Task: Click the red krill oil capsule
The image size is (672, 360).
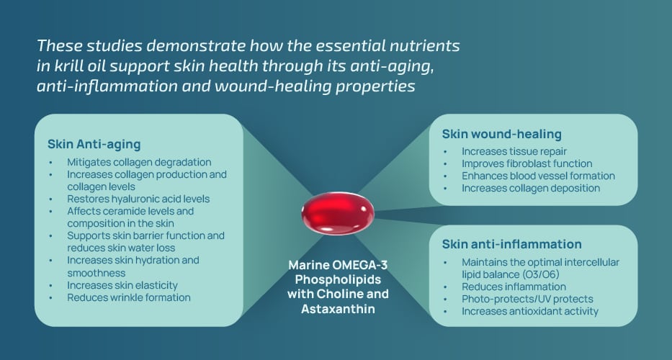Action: click(x=337, y=213)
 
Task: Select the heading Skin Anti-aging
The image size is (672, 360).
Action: click(x=94, y=145)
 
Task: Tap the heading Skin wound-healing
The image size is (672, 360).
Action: click(x=502, y=134)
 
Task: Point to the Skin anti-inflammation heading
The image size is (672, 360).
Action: click(x=511, y=244)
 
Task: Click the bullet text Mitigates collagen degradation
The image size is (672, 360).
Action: click(x=139, y=163)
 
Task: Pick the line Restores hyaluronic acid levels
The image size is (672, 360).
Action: click(x=138, y=199)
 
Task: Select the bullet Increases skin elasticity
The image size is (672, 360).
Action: click(x=122, y=285)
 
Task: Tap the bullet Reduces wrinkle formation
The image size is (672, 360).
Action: click(x=129, y=298)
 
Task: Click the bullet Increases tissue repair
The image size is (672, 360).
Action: click(x=514, y=152)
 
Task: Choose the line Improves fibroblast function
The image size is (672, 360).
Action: click(x=527, y=163)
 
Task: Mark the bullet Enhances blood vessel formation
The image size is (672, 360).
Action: click(x=538, y=176)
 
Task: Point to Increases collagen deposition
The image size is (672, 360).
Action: click(x=531, y=188)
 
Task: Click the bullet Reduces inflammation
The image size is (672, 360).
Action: click(x=514, y=287)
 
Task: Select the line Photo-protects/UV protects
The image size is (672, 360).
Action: click(x=527, y=299)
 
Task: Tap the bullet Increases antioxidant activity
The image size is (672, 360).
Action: click(x=530, y=312)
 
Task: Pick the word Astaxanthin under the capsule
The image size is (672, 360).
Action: click(x=338, y=309)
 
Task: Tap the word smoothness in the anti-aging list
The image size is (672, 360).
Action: click(x=97, y=274)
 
